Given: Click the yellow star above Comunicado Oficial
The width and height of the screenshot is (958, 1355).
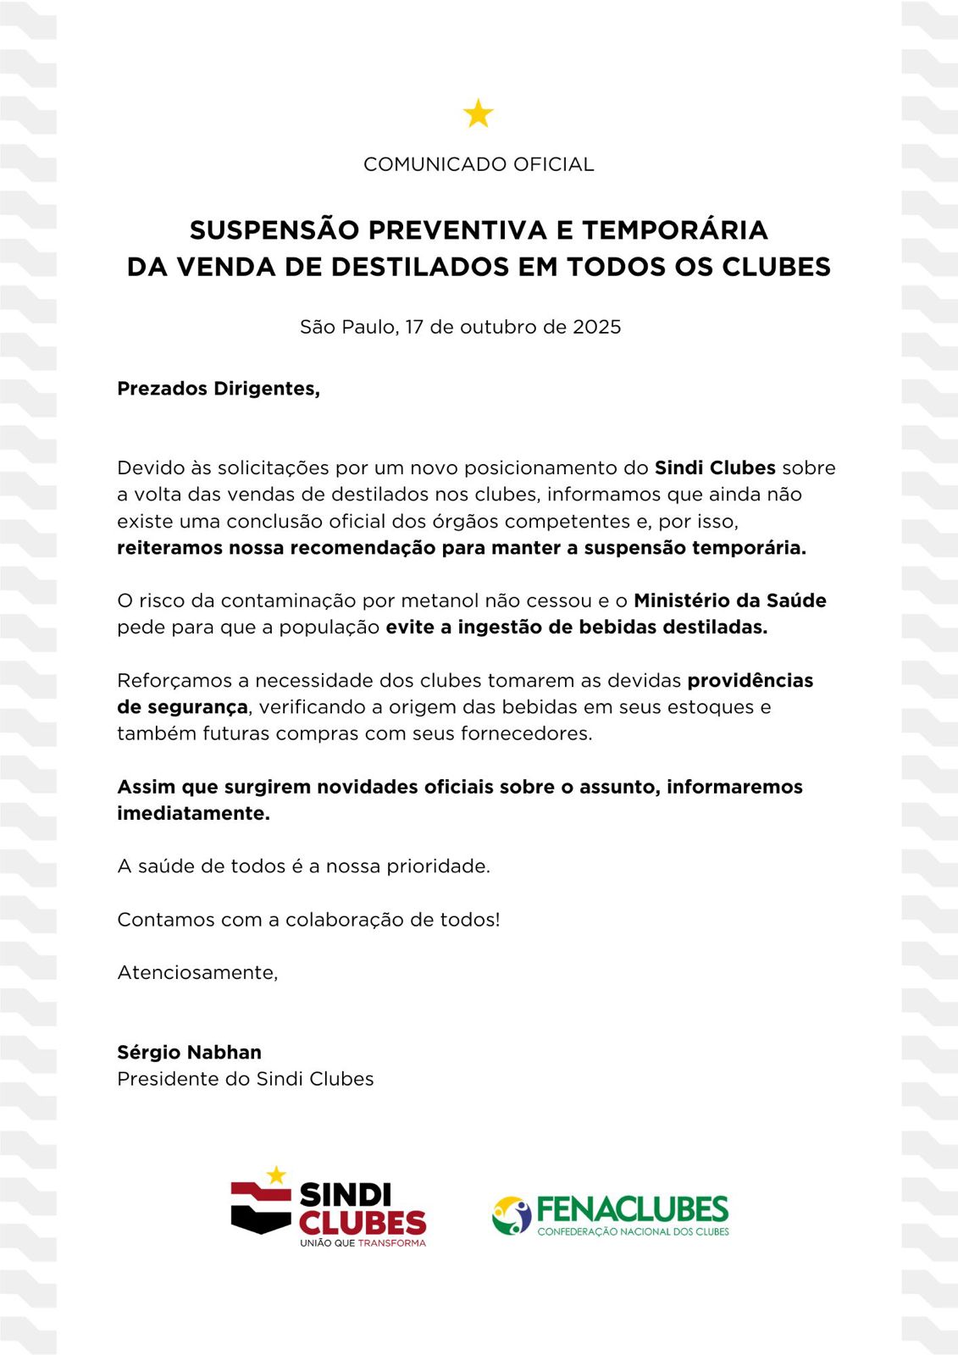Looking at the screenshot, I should pos(479,113).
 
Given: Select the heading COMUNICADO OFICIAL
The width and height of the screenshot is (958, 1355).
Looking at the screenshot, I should pos(479,164).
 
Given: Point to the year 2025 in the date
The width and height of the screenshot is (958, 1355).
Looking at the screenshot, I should pos(596,327).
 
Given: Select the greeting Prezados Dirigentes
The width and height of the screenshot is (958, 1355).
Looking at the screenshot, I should pos(219,389).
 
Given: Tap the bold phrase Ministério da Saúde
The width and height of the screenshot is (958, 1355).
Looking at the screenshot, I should pos(729,600).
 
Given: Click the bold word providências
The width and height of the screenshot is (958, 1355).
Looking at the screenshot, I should pos(750,680).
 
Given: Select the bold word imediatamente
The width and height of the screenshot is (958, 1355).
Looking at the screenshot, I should pos(193,813).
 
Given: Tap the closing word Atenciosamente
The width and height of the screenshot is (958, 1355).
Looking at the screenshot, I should pos(197,972).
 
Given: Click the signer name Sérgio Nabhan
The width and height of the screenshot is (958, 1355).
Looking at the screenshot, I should pos(189,1052).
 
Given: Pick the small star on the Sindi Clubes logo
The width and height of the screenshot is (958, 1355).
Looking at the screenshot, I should pos(276,1175).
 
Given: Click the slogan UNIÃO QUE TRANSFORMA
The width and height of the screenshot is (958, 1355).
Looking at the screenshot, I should pos(363,1243).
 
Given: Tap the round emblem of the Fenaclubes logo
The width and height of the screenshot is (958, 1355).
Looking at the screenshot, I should pos(511,1215).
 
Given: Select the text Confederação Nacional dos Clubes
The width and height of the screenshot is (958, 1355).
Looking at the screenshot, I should pos(633,1231).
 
